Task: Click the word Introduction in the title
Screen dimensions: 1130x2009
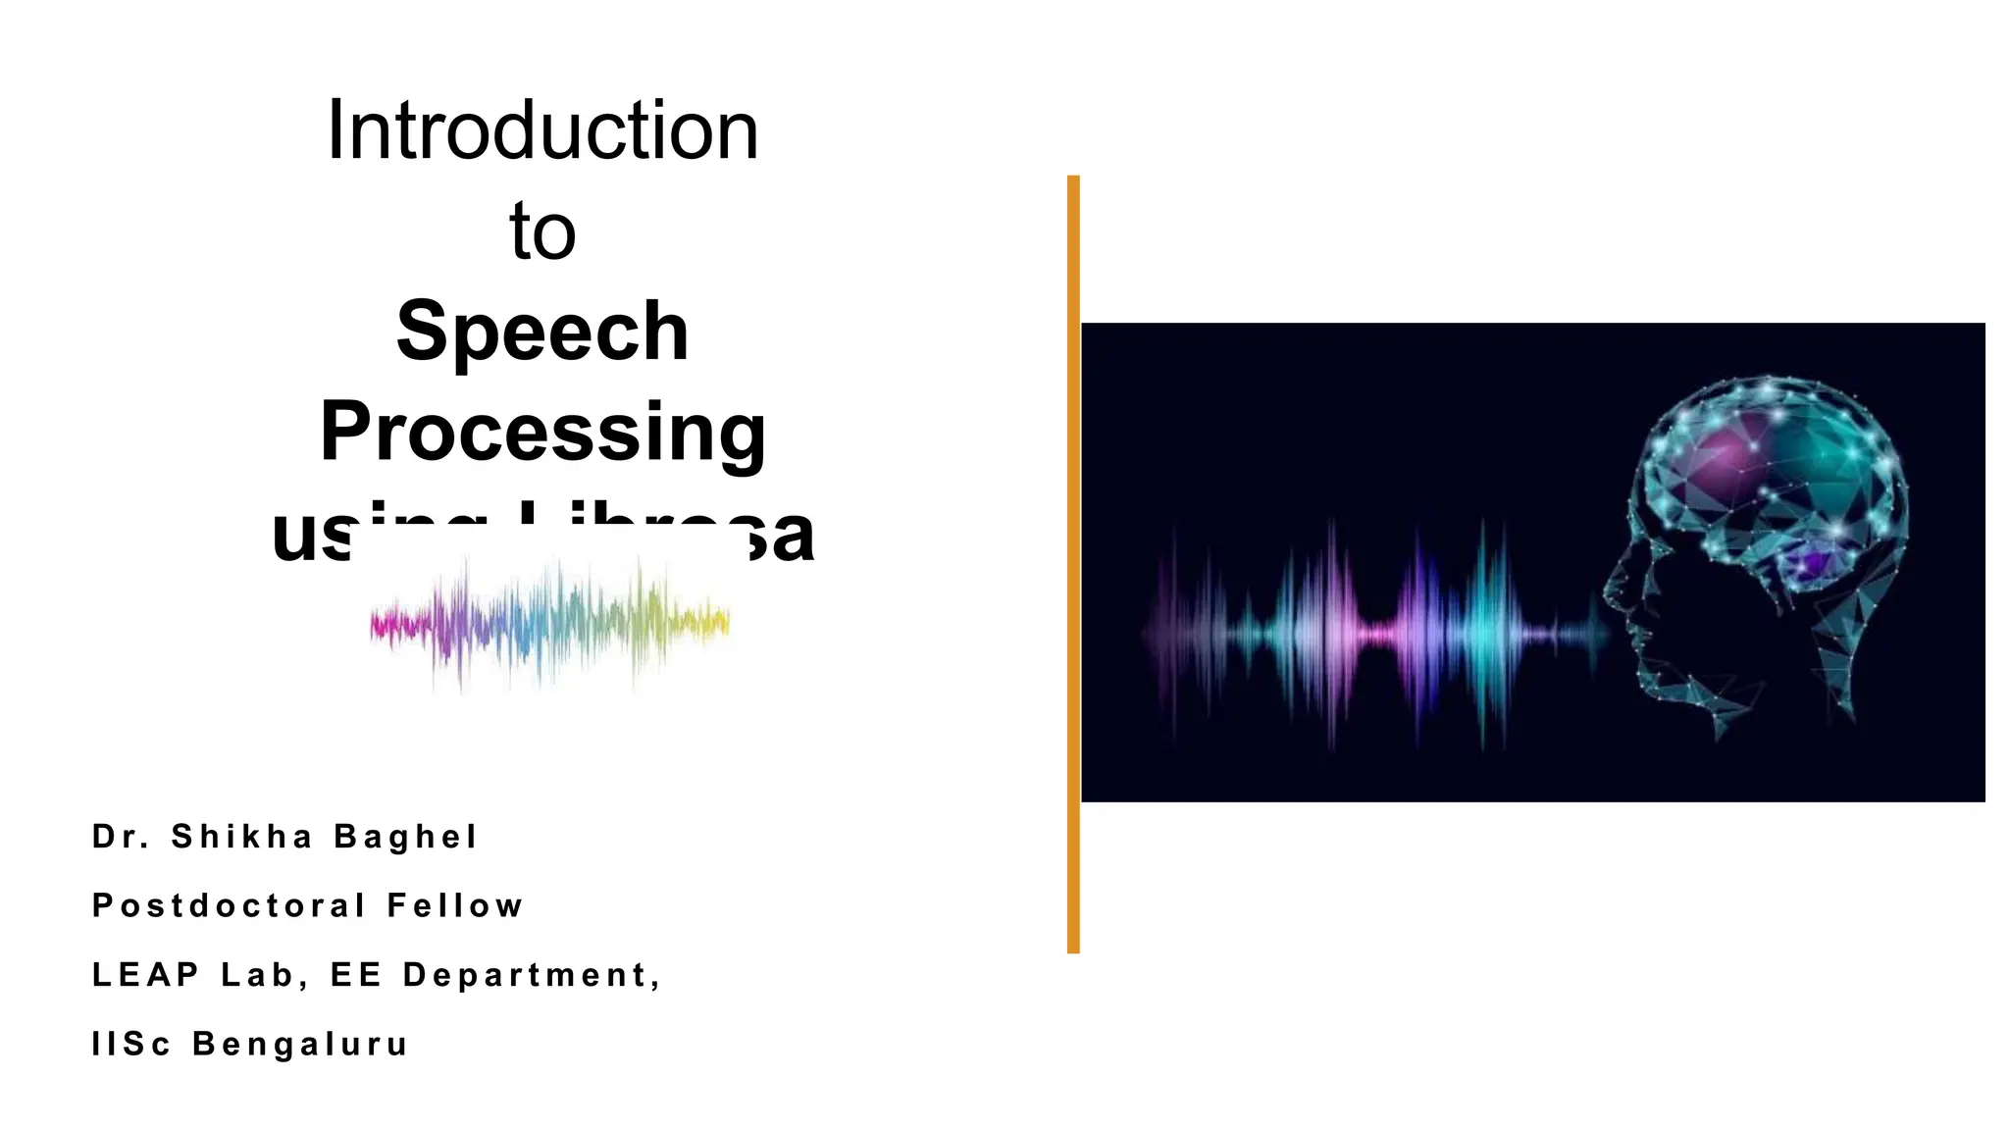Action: [x=541, y=130]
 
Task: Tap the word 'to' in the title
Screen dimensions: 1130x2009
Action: [x=541, y=231]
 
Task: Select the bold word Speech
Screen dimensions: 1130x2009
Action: [x=541, y=331]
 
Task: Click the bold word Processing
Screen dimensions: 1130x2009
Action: [x=541, y=432]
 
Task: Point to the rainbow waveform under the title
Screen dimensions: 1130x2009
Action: [x=549, y=623]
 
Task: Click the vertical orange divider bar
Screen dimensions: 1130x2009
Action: [x=1073, y=564]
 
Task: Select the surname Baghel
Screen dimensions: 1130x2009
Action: [x=405, y=837]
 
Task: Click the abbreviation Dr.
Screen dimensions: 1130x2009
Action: [x=121, y=837]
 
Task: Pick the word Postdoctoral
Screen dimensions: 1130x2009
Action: [x=229, y=905]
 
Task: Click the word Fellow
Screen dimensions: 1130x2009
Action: [x=455, y=905]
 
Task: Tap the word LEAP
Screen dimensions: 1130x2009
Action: [x=145, y=975]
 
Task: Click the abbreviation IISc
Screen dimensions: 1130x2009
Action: [x=130, y=1044]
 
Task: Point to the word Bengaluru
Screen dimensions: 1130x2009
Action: [x=300, y=1044]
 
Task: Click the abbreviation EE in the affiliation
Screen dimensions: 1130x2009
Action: [x=355, y=975]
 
